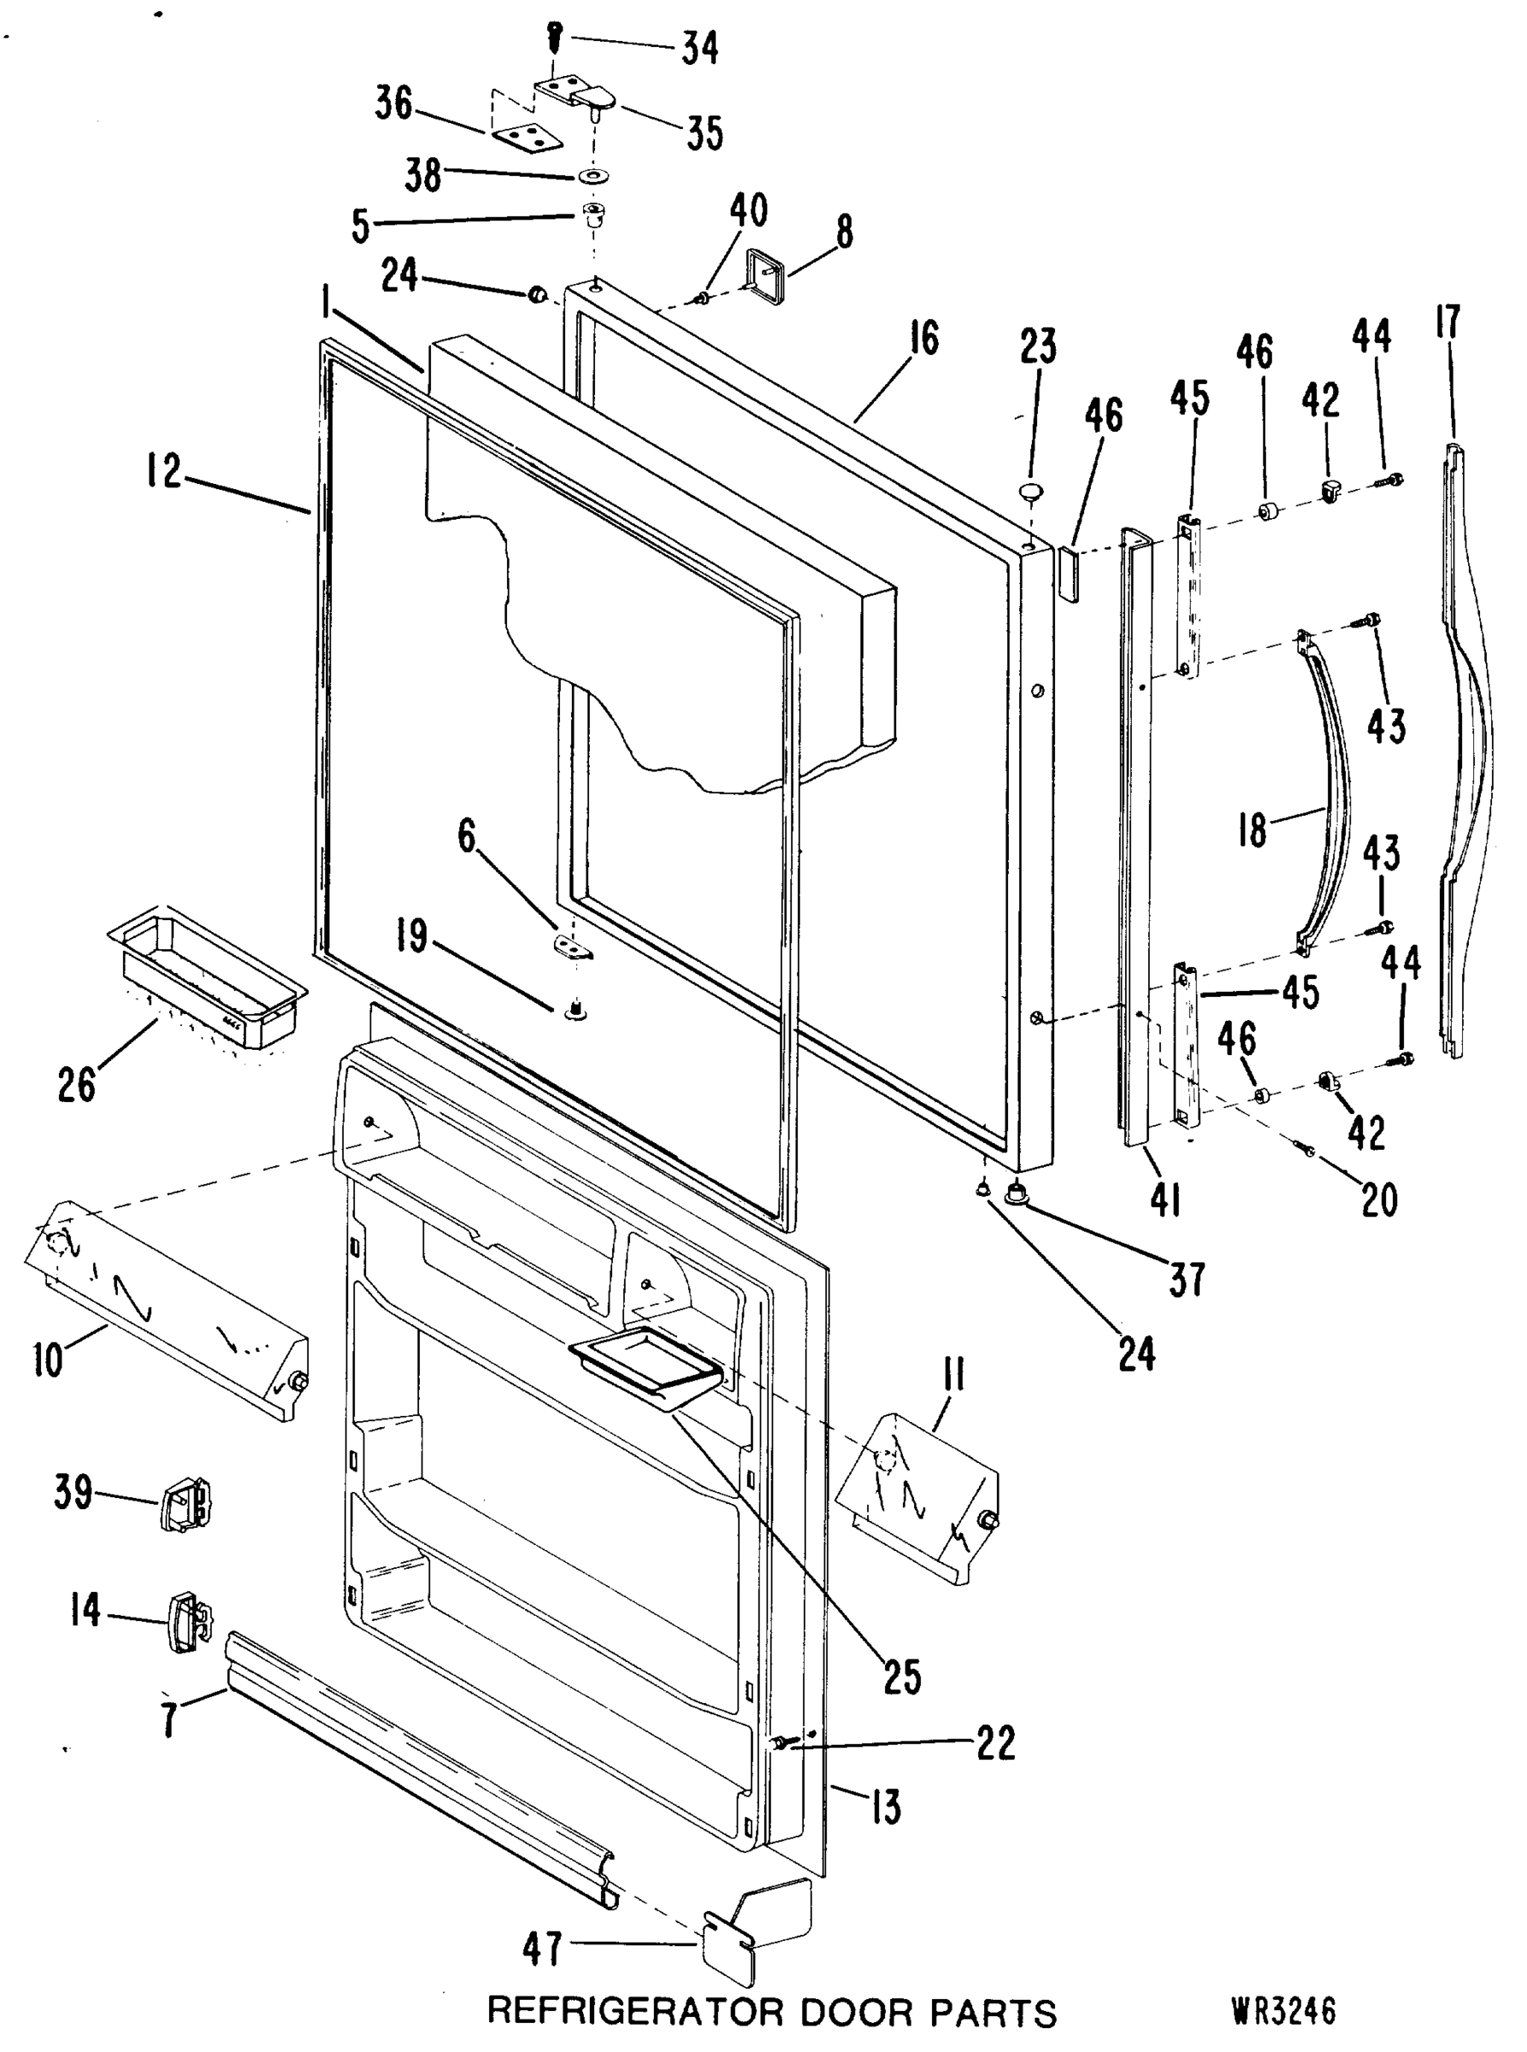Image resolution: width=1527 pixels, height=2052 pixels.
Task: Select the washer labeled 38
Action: pyautogui.click(x=589, y=174)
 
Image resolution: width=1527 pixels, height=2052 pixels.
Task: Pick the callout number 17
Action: pyautogui.click(x=1448, y=322)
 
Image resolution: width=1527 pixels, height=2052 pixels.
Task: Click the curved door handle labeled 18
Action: pyautogui.click(x=1326, y=795)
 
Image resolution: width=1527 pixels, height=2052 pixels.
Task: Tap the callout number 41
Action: pyautogui.click(x=1164, y=1200)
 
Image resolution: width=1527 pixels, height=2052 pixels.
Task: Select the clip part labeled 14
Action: pyautogui.click(x=187, y=1622)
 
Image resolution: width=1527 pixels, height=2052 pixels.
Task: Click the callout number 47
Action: pyautogui.click(x=542, y=1950)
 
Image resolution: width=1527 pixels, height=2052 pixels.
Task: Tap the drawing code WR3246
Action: pyautogui.click(x=1283, y=2010)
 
